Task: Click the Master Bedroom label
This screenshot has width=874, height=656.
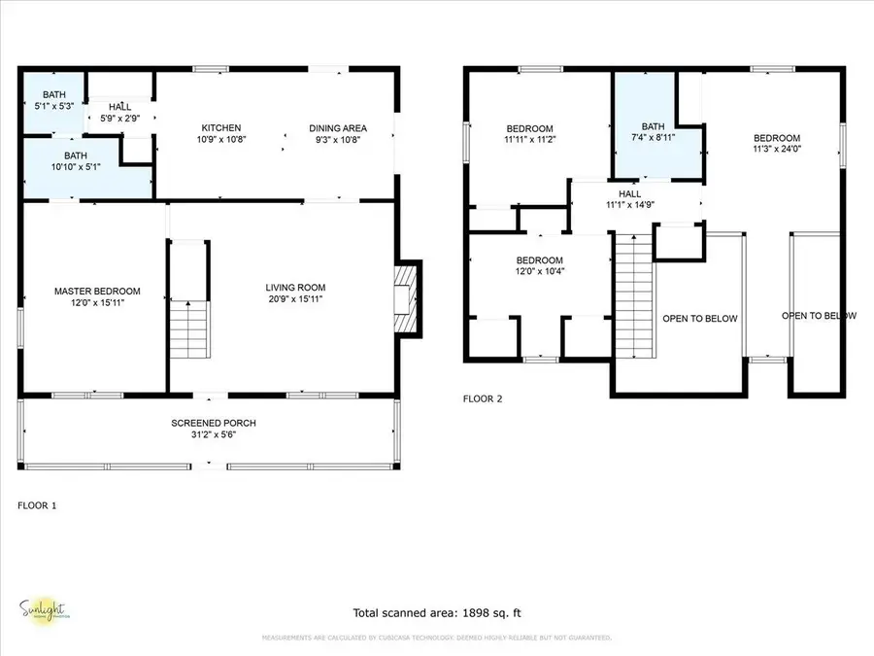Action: (97, 292)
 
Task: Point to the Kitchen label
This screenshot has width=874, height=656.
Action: (221, 128)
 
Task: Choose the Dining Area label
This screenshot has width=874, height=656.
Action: (338, 128)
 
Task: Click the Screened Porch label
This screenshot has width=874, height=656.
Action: (214, 424)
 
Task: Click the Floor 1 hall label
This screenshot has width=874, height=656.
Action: (119, 107)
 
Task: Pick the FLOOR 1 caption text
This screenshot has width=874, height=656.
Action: (37, 505)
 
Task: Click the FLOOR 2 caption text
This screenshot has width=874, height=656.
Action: (483, 398)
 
